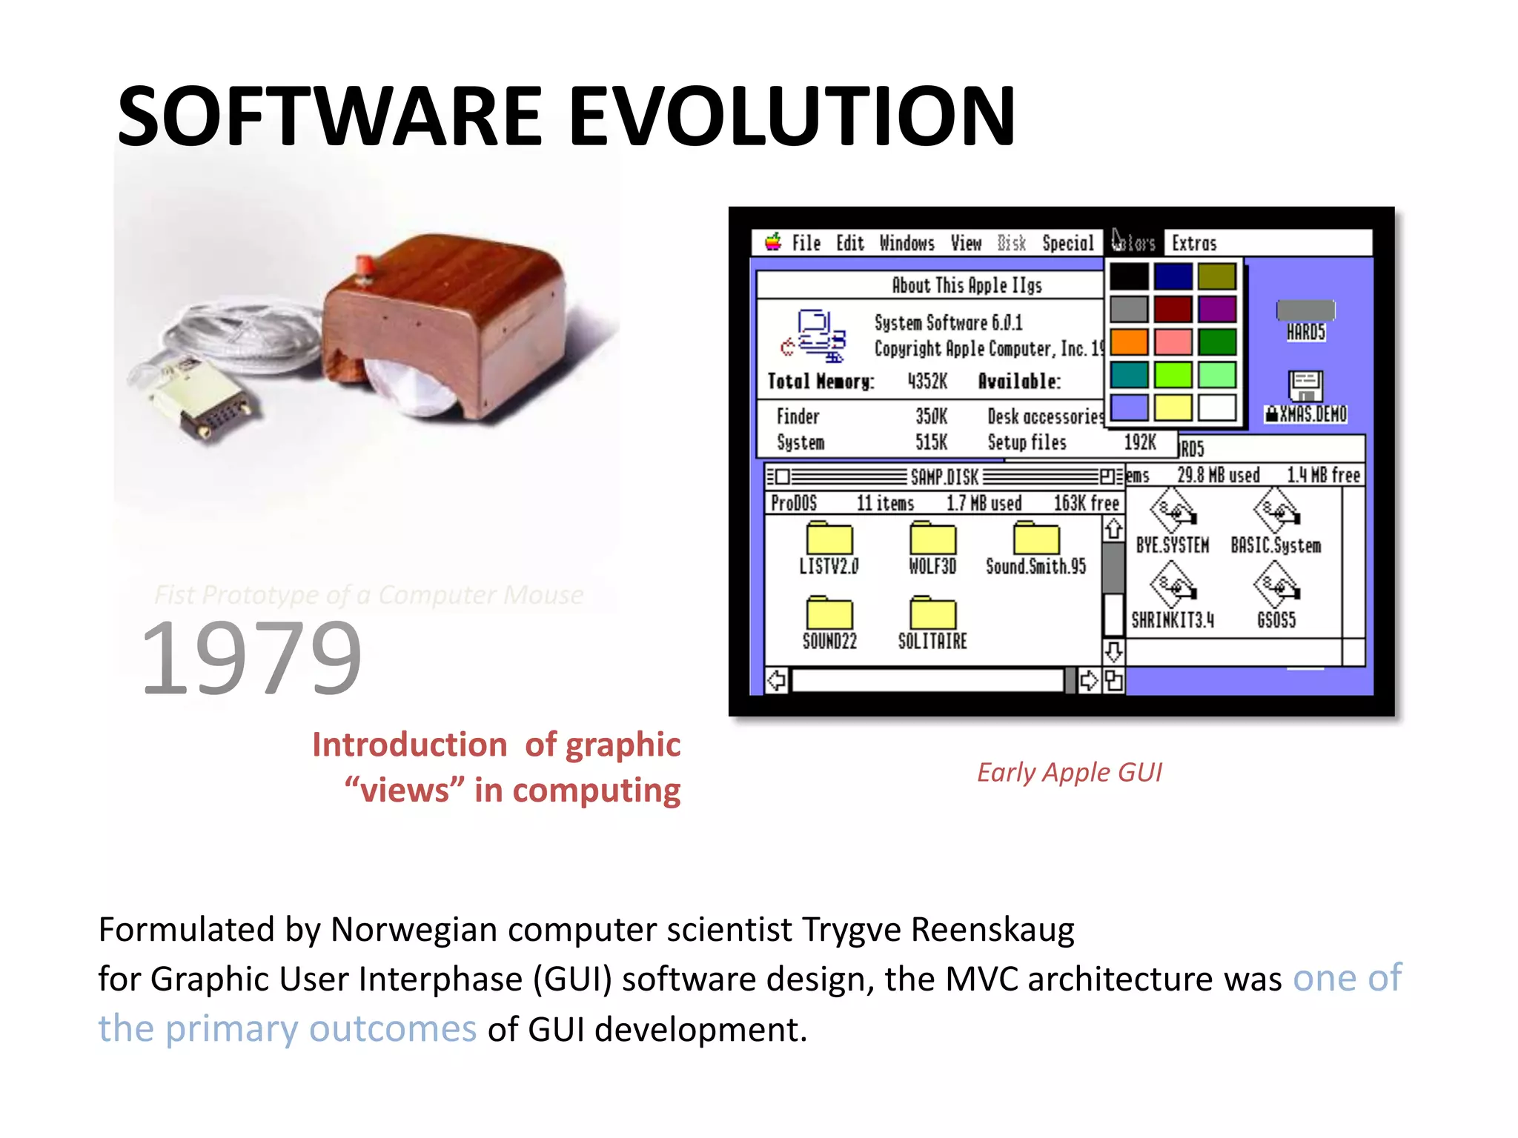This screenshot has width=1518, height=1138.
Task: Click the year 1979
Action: (251, 658)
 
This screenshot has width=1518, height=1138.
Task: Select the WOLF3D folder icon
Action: (932, 539)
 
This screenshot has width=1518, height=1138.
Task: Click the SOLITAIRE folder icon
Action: (932, 613)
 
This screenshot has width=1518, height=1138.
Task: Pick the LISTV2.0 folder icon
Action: (829, 539)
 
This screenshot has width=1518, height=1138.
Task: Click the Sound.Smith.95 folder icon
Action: (1036, 539)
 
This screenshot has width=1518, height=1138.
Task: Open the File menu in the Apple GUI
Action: (806, 244)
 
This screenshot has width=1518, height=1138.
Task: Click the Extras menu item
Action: (1194, 244)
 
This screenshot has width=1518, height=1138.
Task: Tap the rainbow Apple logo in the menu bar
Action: (773, 242)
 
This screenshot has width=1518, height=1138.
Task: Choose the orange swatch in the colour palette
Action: (1129, 342)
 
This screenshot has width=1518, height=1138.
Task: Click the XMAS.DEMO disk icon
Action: (1305, 387)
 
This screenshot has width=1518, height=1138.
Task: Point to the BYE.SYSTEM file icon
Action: (1173, 511)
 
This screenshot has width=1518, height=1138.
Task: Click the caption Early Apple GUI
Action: (1069, 773)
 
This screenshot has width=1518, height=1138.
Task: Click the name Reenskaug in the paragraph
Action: (992, 930)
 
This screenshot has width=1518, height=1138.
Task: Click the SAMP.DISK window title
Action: (944, 477)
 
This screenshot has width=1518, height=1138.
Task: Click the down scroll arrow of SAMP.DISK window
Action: (1113, 652)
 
